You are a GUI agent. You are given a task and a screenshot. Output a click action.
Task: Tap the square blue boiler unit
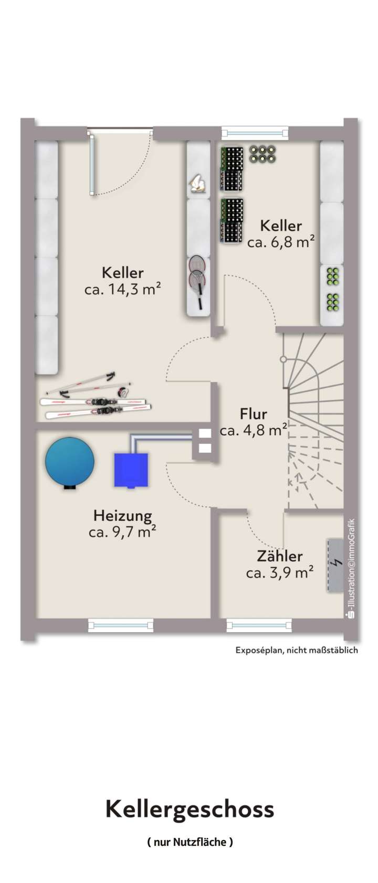click(x=131, y=470)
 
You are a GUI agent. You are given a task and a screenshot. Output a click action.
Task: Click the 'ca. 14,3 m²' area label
click(x=122, y=289)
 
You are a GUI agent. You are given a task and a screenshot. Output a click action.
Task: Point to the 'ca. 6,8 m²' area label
click(x=281, y=242)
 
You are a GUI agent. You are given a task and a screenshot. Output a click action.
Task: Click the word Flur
click(x=254, y=414)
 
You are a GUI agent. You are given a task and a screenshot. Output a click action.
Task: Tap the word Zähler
click(x=280, y=556)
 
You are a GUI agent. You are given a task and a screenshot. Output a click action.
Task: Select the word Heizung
click(x=123, y=516)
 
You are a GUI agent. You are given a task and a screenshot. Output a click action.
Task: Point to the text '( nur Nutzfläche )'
click(x=190, y=842)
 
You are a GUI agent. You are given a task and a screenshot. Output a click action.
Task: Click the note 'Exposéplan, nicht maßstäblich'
click(x=296, y=650)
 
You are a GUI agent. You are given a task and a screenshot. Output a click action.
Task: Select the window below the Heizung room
click(x=120, y=625)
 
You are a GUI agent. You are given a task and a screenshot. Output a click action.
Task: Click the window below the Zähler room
click(x=259, y=625)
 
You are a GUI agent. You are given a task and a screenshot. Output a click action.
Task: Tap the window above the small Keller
click(x=255, y=133)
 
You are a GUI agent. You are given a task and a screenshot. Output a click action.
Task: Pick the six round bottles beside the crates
click(x=262, y=154)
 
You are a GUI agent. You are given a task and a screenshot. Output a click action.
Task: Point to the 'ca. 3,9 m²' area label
click(x=280, y=572)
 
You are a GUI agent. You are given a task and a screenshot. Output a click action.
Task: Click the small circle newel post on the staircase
click(x=283, y=359)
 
